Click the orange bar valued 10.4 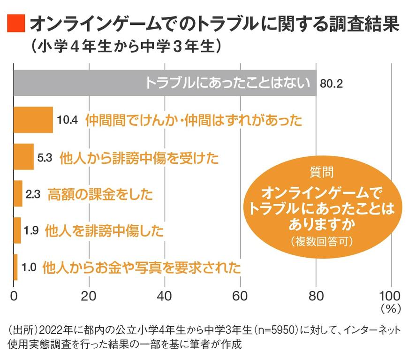[33, 120]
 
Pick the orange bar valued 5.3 [23, 157]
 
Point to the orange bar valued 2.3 [18, 193]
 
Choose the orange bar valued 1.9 [17, 230]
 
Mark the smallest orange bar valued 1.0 [15, 268]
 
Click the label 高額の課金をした [100, 194]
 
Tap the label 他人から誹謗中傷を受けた [139, 157]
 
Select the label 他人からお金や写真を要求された [141, 268]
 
